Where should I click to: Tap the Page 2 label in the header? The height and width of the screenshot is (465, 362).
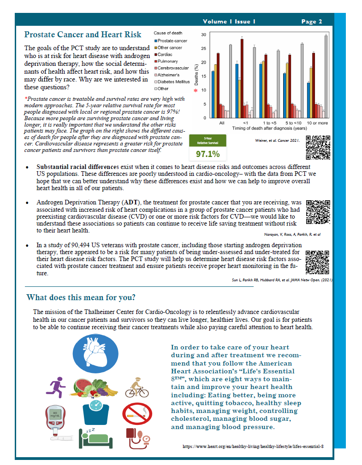click(312, 21)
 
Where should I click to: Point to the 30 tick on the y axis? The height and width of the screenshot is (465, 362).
click(203, 35)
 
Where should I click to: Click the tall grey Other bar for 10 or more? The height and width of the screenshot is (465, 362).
click(326, 76)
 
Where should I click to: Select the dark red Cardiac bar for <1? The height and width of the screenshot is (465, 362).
click(242, 78)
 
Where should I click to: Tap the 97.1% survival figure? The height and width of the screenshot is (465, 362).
click(208, 153)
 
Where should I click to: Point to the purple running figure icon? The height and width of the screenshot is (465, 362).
click(56, 387)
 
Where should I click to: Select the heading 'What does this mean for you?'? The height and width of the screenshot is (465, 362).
click(81, 297)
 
